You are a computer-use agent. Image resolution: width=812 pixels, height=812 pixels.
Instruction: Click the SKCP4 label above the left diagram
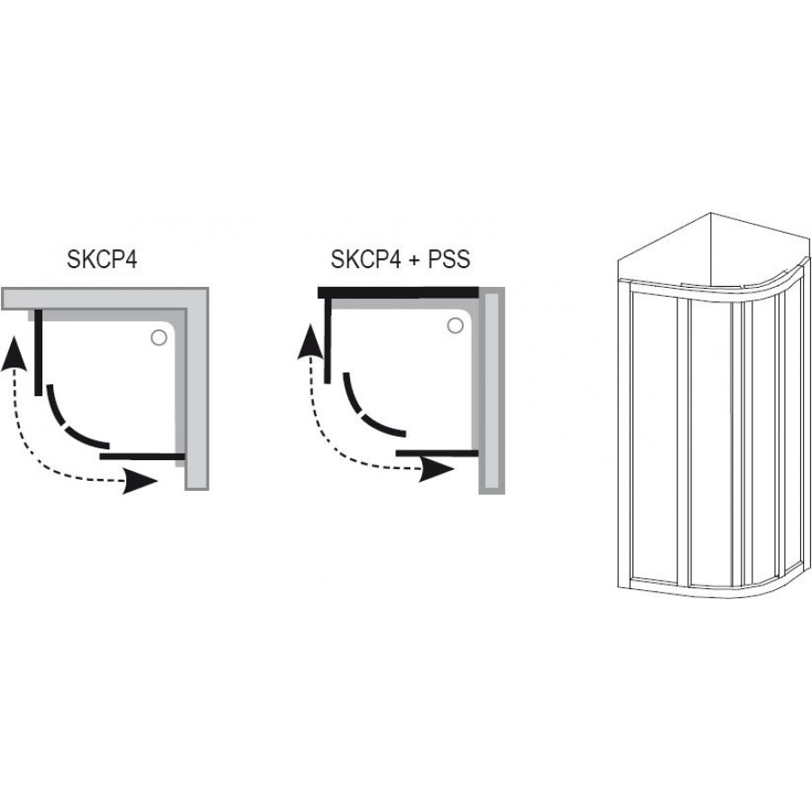tap(102, 260)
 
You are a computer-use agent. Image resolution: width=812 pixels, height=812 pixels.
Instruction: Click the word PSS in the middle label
tap(449, 260)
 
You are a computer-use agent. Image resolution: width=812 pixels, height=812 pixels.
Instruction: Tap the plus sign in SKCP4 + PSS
tap(414, 260)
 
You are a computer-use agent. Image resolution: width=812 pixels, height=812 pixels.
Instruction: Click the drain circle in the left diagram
tap(159, 337)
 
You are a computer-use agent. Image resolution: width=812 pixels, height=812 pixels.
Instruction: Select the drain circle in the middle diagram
tap(456, 326)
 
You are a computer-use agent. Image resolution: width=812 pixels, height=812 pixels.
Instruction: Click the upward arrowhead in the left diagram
tap(14, 353)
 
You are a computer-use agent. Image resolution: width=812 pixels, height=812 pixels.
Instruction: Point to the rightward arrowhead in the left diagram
tap(140, 482)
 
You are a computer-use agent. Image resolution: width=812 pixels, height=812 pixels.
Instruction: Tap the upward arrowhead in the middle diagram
tap(310, 341)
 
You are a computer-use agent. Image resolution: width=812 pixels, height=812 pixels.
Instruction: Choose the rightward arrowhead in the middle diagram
tap(436, 470)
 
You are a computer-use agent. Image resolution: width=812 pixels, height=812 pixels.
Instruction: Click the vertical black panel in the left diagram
tap(38, 352)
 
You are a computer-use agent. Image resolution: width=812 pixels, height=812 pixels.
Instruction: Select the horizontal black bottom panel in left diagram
tap(143, 457)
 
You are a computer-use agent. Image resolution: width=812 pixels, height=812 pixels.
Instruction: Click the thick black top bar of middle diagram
tap(398, 292)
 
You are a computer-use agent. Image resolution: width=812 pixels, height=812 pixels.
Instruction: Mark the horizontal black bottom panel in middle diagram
tap(437, 453)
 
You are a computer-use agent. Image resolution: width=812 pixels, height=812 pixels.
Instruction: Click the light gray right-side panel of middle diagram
tap(492, 391)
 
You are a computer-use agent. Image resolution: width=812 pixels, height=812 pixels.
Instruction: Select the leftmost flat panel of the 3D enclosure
tap(654, 435)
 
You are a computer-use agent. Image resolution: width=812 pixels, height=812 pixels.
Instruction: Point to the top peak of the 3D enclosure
tap(711, 212)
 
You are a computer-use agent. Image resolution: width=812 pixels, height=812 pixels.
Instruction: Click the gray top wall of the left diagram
tap(105, 299)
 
